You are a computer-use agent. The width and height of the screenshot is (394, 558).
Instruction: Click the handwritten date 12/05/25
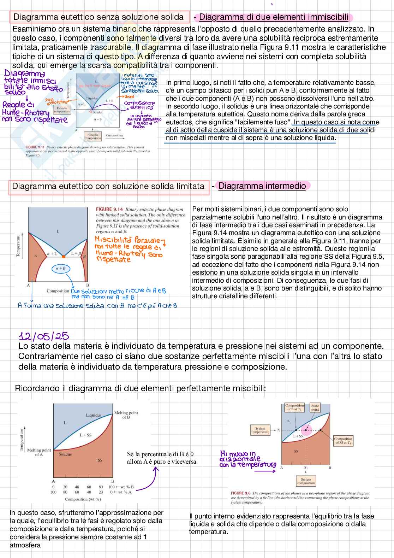(44, 336)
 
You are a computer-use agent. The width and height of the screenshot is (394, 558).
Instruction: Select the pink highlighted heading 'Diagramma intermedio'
(262, 186)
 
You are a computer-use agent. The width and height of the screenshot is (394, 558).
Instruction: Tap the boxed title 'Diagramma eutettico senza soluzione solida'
(98, 17)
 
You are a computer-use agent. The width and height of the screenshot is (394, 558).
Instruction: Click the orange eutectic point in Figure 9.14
(63, 256)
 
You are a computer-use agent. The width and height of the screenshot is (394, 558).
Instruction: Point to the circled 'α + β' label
(61, 269)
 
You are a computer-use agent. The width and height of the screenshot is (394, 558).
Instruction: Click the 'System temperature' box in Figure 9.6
(260, 430)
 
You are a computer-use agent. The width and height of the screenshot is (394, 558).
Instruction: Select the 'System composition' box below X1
(306, 481)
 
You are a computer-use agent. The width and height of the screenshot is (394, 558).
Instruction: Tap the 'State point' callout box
(315, 407)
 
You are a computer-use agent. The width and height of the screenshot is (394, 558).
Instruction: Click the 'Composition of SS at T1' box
(343, 441)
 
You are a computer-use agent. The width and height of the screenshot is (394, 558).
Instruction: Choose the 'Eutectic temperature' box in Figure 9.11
(62, 110)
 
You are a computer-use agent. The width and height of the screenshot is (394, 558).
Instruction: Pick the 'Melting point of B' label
(126, 415)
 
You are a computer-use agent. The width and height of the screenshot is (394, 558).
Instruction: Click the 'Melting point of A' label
(39, 452)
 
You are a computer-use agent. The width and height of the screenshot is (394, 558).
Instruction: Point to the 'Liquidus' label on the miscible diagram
(94, 415)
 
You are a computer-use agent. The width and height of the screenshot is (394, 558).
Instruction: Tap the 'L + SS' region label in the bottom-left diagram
(85, 435)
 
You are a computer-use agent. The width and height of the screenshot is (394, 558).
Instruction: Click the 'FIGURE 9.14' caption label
(109, 209)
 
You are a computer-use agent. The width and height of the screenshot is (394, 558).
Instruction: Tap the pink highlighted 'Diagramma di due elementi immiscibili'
(274, 17)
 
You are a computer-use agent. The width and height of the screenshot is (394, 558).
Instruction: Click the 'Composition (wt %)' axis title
(83, 499)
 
